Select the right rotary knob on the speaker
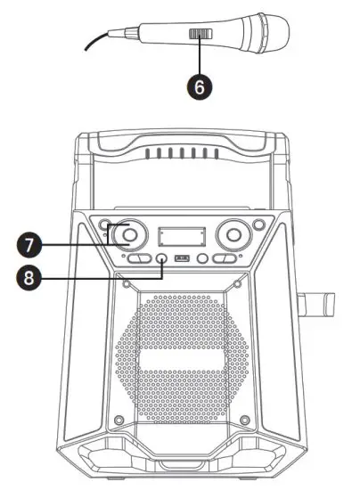tap(234, 235)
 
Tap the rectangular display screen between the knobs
tap(182, 237)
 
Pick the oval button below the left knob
tap(138, 259)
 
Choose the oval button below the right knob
tap(224, 259)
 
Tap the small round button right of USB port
tap(203, 259)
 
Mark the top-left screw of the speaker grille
tap(127, 285)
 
